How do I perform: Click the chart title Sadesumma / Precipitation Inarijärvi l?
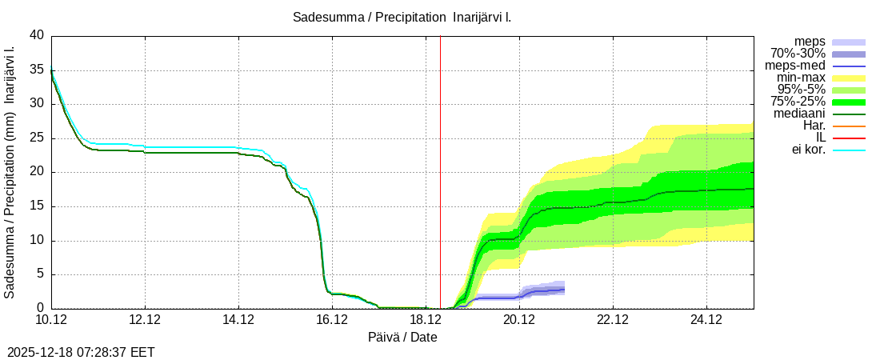point(402,17)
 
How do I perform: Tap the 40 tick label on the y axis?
point(37,35)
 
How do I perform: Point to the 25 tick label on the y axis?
point(37,138)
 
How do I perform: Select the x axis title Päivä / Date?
point(402,337)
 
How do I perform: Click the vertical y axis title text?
point(10,172)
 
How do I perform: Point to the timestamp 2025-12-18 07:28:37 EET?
point(81,352)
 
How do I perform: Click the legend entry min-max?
point(801,78)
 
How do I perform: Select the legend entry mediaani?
point(799,114)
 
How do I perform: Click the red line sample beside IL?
point(849,138)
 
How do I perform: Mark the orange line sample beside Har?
point(849,126)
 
